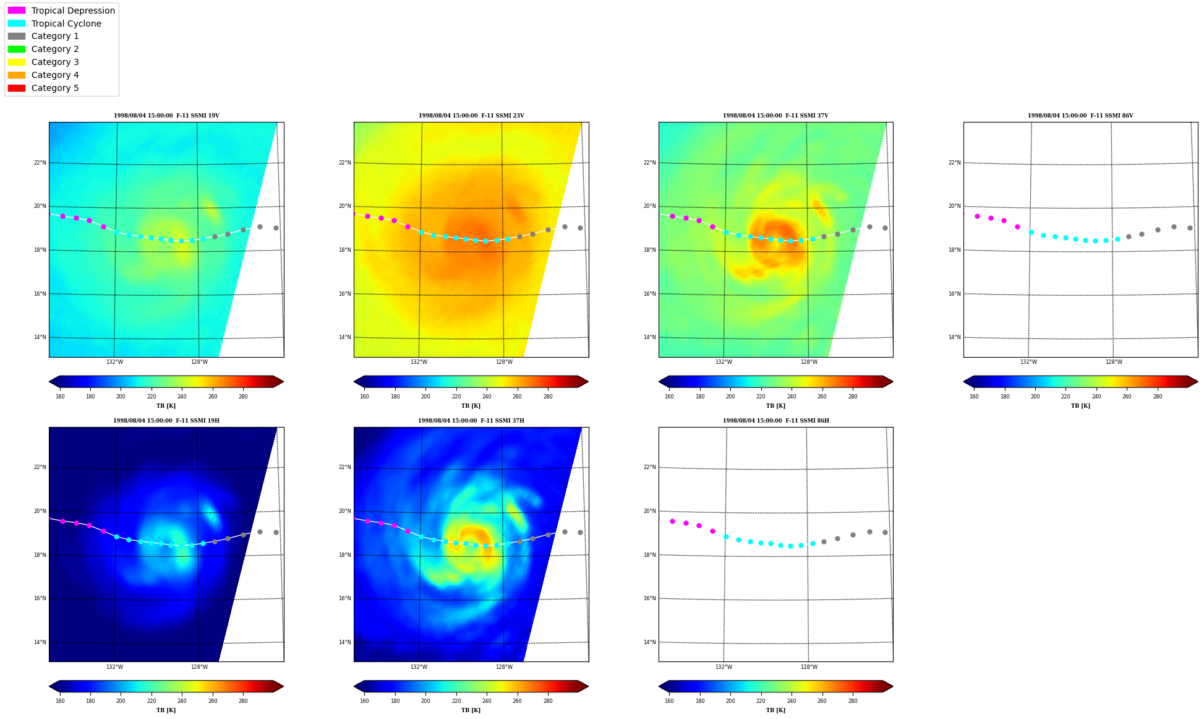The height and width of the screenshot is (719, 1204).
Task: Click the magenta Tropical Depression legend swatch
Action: pos(17,11)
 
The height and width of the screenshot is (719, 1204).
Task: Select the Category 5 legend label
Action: pos(55,88)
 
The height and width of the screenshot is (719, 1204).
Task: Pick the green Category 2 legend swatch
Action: pos(17,49)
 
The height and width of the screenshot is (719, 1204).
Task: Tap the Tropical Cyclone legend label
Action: pos(66,24)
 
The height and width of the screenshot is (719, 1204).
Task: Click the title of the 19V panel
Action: pos(166,116)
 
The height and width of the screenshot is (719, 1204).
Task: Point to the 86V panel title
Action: pos(1080,116)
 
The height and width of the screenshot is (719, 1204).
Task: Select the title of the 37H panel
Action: pos(471,421)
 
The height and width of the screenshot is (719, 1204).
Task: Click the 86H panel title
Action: pos(776,421)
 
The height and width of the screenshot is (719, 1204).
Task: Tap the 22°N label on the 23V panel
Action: pos(345,163)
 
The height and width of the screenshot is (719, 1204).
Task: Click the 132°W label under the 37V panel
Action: pos(724,362)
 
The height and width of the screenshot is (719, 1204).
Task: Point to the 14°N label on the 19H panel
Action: pos(40,642)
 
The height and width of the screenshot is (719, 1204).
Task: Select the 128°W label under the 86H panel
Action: pos(809,667)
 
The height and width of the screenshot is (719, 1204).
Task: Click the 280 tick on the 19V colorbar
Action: pos(243,397)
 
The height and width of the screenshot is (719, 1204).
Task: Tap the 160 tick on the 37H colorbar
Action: pos(364,701)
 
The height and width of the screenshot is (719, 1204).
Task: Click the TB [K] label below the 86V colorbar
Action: pos(1080,406)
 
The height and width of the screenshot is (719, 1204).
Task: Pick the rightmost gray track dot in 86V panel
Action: pos(1190,228)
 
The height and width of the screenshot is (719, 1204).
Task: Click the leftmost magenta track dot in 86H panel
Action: pos(672,521)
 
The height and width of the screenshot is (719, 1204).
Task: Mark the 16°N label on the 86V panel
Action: pos(955,294)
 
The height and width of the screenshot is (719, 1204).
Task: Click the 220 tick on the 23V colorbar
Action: pos(456,397)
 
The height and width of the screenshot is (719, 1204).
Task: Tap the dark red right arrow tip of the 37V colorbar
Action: pos(892,382)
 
